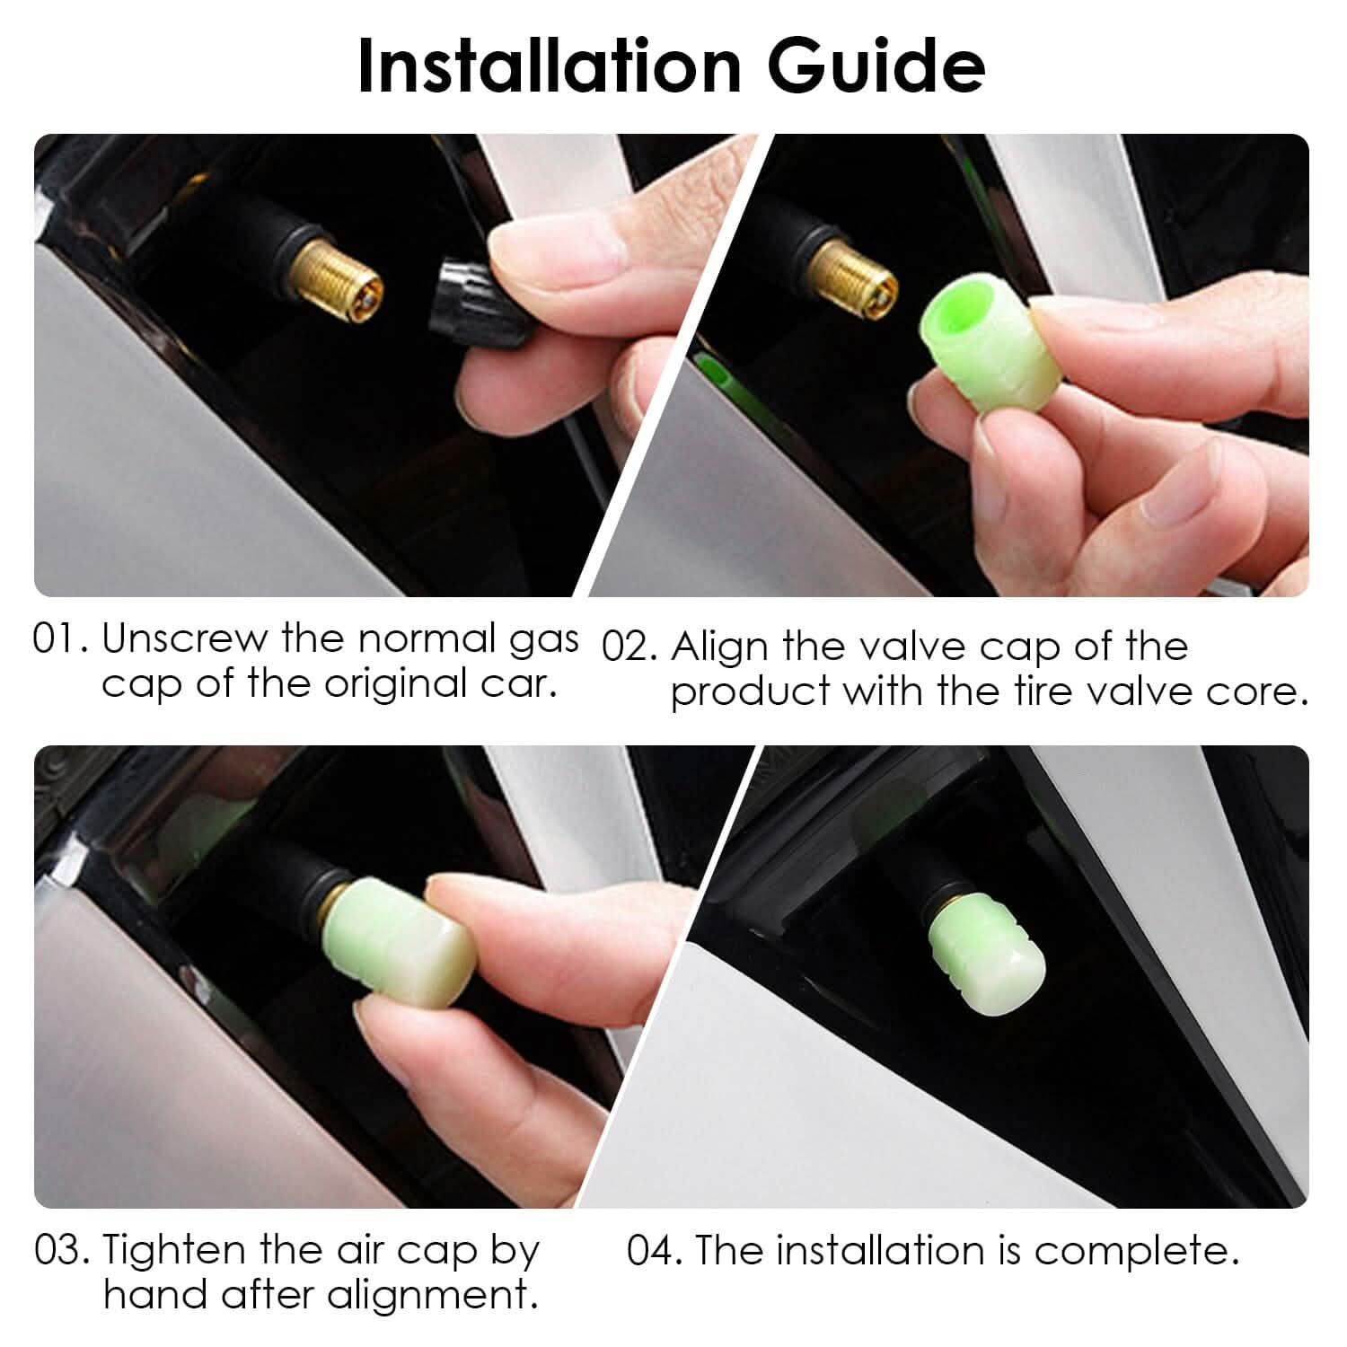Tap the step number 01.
click(58, 639)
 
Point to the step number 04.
click(653, 1251)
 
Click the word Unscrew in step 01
click(184, 639)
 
